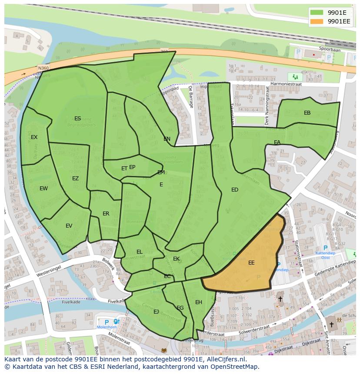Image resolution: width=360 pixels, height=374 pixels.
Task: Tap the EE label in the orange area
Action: [251, 262]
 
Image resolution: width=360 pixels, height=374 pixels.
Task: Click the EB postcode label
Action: [307, 113]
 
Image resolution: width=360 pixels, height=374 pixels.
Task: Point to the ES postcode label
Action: [77, 118]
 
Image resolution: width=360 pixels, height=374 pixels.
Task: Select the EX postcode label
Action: [34, 137]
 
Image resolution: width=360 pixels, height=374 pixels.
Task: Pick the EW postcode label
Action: [43, 188]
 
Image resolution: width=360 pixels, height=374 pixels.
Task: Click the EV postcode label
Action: [69, 225]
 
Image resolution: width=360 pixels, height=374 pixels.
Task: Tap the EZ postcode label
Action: [75, 178]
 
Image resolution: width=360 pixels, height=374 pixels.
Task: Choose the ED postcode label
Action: [235, 189]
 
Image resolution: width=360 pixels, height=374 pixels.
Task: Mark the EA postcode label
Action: [277, 142]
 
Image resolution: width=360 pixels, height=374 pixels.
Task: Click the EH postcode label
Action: [199, 302]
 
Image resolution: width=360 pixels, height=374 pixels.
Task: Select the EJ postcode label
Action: [156, 311]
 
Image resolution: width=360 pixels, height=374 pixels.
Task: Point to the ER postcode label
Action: [106, 213]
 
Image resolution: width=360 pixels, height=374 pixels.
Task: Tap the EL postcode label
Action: [139, 252]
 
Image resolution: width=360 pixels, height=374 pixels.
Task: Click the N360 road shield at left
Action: [43, 68]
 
